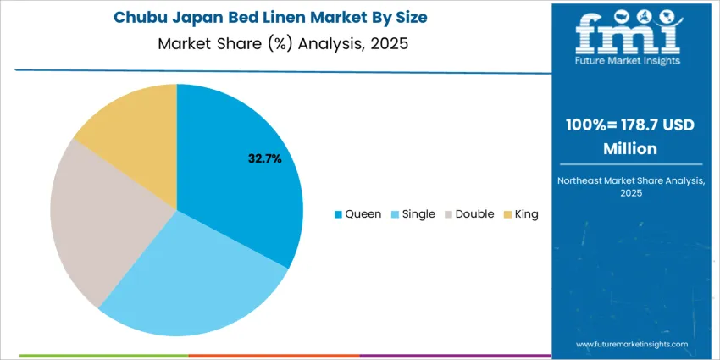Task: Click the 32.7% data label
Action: click(264, 158)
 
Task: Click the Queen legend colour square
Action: click(339, 214)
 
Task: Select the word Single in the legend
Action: click(418, 214)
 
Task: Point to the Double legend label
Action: click(474, 214)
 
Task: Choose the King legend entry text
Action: click(526, 214)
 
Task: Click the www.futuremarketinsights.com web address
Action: click(631, 345)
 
